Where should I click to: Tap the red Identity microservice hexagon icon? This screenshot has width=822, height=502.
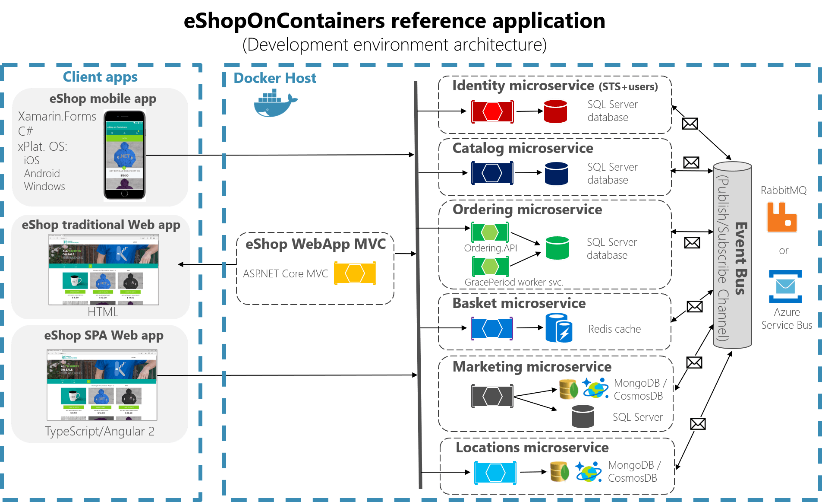pyautogui.click(x=492, y=111)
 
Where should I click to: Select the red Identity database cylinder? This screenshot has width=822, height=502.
pyautogui.click(x=555, y=111)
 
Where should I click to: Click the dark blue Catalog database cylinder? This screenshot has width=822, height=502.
pyautogui.click(x=556, y=173)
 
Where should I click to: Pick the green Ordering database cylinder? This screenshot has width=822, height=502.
pyautogui.click(x=557, y=248)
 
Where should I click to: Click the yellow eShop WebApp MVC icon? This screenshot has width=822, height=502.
pyautogui.click(x=355, y=273)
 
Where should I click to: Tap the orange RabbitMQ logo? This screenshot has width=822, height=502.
pyautogui.click(x=781, y=217)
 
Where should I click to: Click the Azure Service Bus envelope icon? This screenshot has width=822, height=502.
pyautogui.click(x=785, y=286)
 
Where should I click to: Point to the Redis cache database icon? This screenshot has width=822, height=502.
pyautogui.click(x=559, y=328)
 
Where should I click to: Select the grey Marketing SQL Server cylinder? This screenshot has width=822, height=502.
pyautogui.click(x=583, y=416)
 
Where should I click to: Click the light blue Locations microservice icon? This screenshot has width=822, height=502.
pyautogui.click(x=495, y=473)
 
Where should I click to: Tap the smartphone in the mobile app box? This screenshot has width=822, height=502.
pyautogui.click(x=124, y=155)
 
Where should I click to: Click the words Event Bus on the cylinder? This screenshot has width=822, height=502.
pyautogui.click(x=741, y=258)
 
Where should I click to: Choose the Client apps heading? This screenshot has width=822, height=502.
pyautogui.click(x=100, y=77)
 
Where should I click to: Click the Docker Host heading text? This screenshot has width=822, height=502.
pyautogui.click(x=275, y=78)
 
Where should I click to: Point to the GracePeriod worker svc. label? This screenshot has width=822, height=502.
pyautogui.click(x=513, y=283)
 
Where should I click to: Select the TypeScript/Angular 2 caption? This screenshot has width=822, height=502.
pyautogui.click(x=100, y=431)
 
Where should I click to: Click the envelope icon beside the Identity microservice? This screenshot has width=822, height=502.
pyautogui.click(x=690, y=124)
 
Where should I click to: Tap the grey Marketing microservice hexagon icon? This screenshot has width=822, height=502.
pyautogui.click(x=492, y=396)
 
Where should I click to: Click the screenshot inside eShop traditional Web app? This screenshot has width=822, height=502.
pyautogui.click(x=104, y=269)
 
